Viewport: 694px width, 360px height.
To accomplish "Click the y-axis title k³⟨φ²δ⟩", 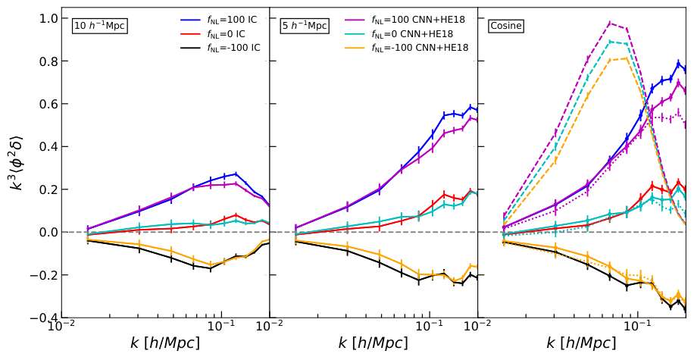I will click(x=17, y=163).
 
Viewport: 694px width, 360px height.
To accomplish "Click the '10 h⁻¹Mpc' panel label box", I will click(x=99, y=26).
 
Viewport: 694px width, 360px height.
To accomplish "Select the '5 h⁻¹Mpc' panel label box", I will click(x=305, y=26).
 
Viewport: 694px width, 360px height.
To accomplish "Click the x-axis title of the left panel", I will click(x=165, y=343).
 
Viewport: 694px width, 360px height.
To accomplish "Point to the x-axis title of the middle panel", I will click(x=374, y=343).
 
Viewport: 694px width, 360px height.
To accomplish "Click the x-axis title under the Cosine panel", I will click(x=581, y=343).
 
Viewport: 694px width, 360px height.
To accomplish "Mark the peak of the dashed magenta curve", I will click(x=611, y=23).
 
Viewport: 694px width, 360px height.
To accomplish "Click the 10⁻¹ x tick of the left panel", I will click(x=220, y=328).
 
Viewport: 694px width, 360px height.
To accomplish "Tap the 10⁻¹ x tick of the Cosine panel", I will click(x=637, y=328).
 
